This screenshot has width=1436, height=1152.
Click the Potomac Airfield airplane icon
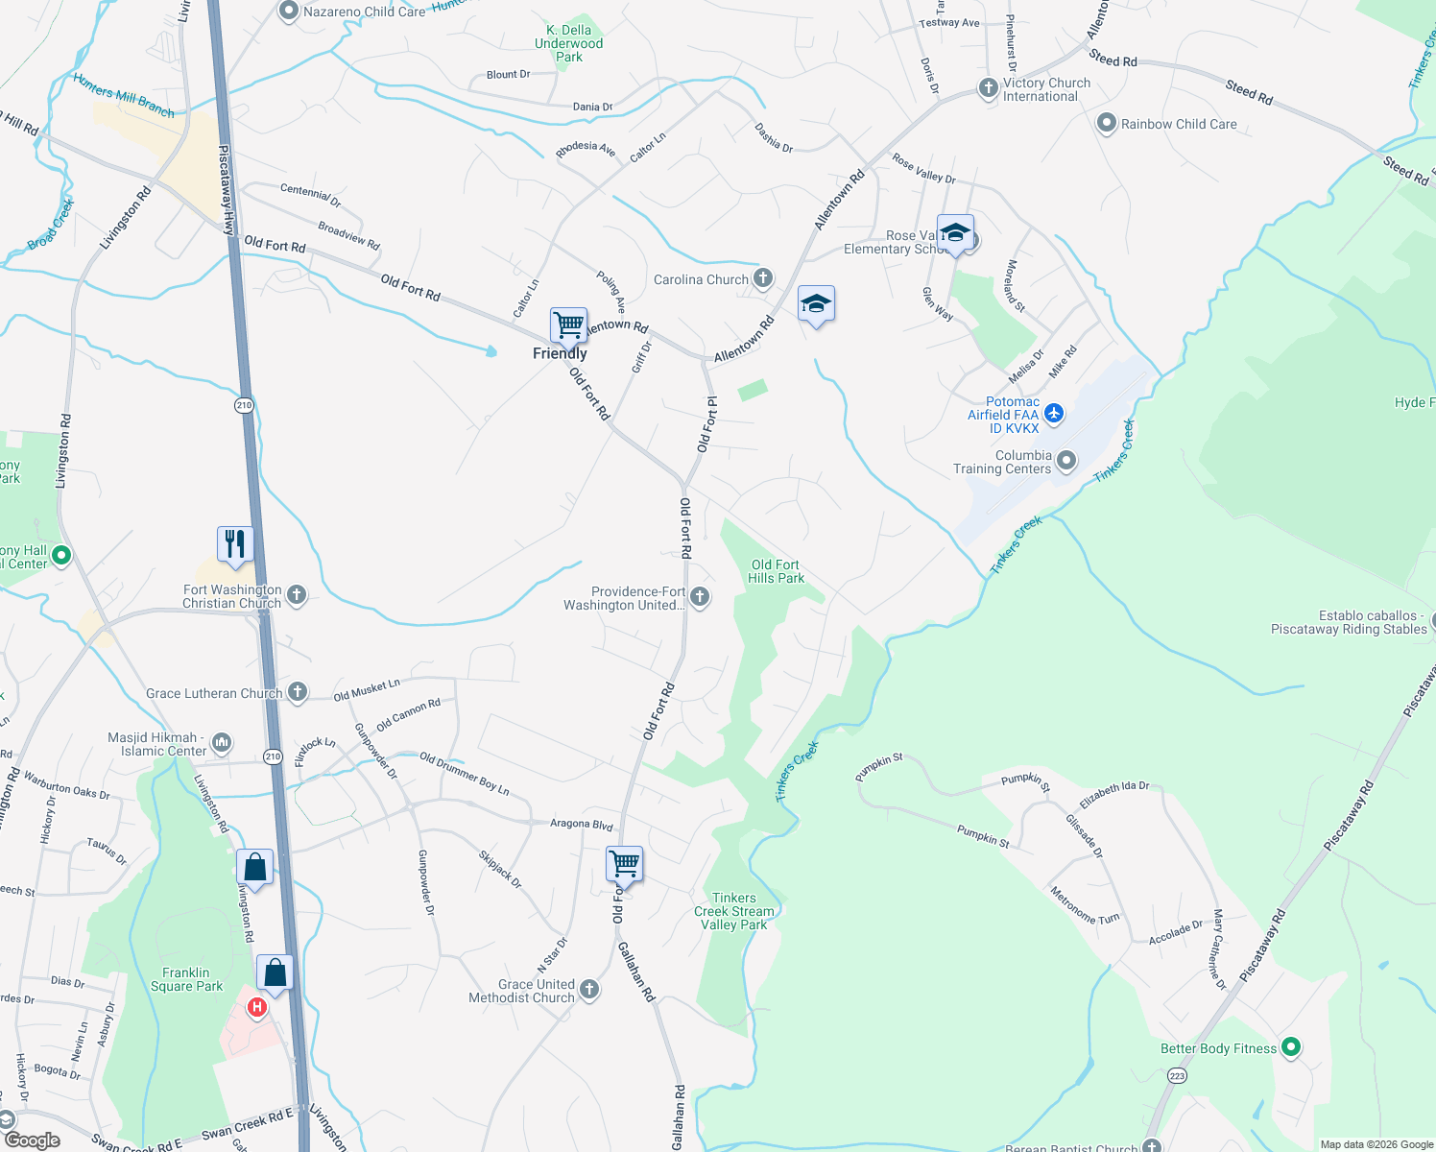pyautogui.click(x=1054, y=414)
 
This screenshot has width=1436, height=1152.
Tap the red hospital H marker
pyautogui.click(x=257, y=1007)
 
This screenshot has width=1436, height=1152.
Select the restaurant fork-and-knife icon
pyautogui.click(x=235, y=544)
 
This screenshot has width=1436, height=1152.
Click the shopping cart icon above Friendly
pyautogui.click(x=568, y=325)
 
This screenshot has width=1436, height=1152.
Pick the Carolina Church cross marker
pyautogui.click(x=763, y=278)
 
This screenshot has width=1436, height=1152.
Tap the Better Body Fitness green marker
pyautogui.click(x=1291, y=1047)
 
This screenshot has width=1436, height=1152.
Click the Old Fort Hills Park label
pyautogui.click(x=776, y=572)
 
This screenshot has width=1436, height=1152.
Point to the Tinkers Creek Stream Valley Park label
pyautogui.click(x=734, y=911)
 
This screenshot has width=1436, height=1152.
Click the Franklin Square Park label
pyautogui.click(x=186, y=979)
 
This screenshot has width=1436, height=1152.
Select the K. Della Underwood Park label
pyautogui.click(x=569, y=43)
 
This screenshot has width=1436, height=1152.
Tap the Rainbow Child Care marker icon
pyautogui.click(x=1107, y=123)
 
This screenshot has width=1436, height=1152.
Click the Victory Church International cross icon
pyautogui.click(x=989, y=89)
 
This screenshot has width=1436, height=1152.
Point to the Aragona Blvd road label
pyautogui.click(x=581, y=824)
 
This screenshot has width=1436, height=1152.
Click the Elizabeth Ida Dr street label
pyautogui.click(x=1113, y=794)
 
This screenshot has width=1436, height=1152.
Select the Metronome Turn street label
pyautogui.click(x=1085, y=905)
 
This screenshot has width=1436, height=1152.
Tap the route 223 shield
pyautogui.click(x=1178, y=1075)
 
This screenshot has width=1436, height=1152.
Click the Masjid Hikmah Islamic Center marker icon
pyautogui.click(x=222, y=742)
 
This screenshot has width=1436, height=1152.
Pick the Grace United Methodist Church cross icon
pyautogui.click(x=589, y=990)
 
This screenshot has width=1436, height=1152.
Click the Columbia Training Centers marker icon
pyautogui.click(x=1066, y=462)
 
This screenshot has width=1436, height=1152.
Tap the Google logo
pyautogui.click(x=33, y=1140)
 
